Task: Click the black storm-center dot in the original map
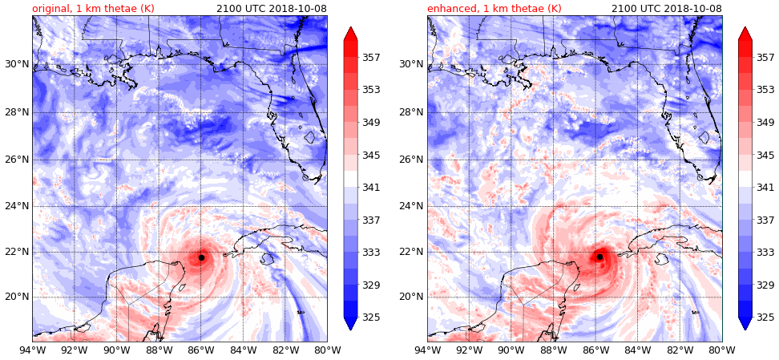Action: pos(201,257)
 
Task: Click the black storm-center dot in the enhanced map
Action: pos(599,257)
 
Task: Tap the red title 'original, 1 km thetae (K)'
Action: pos(93,8)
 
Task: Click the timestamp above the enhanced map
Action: pos(666,8)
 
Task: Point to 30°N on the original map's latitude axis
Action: pos(15,64)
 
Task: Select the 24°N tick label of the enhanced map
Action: pos(410,205)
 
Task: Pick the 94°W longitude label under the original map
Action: pos(32,350)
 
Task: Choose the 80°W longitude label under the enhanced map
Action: pos(721,350)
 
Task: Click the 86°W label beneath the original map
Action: pos(200,350)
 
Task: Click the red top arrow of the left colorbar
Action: pos(350,34)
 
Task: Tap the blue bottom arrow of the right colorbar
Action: pos(745,322)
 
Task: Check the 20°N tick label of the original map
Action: pos(15,297)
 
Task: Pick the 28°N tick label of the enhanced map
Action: pos(410,111)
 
